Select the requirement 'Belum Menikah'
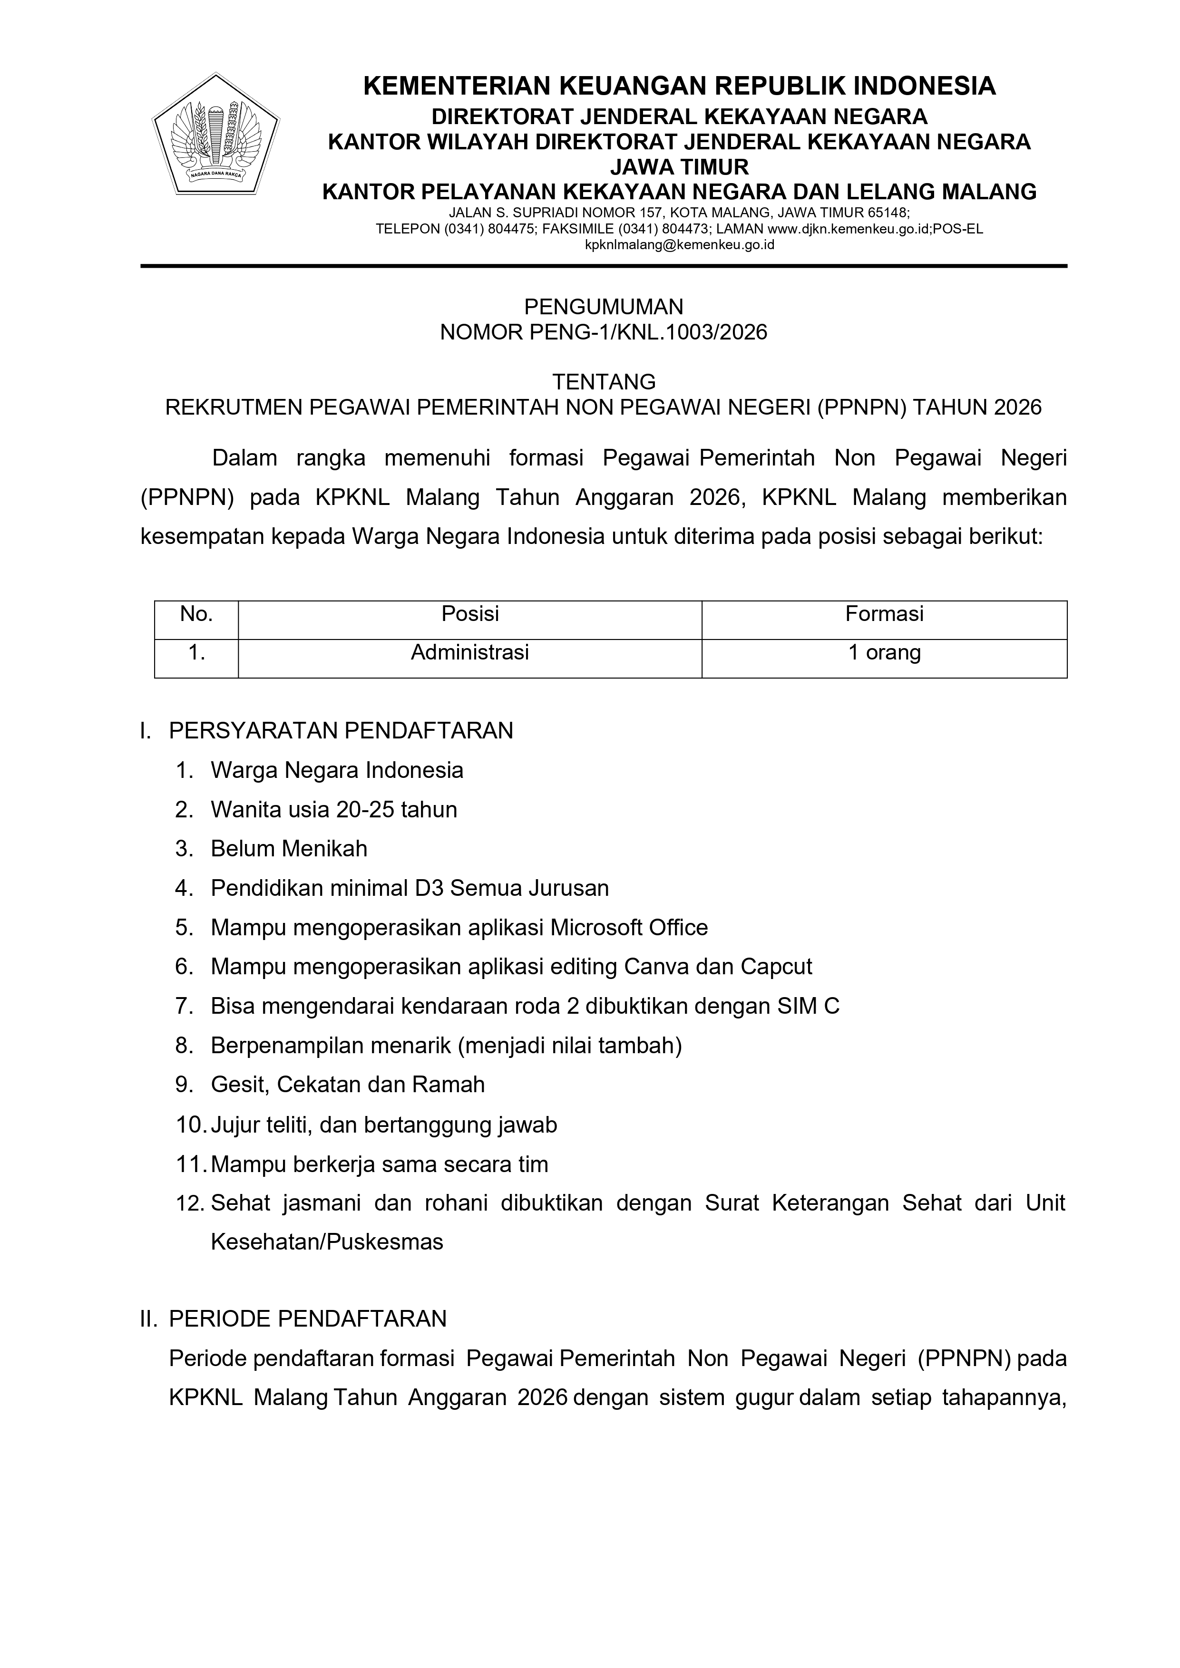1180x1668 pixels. (289, 849)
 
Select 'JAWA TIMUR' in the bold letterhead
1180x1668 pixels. (679, 167)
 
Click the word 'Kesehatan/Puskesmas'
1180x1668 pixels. (327, 1241)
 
